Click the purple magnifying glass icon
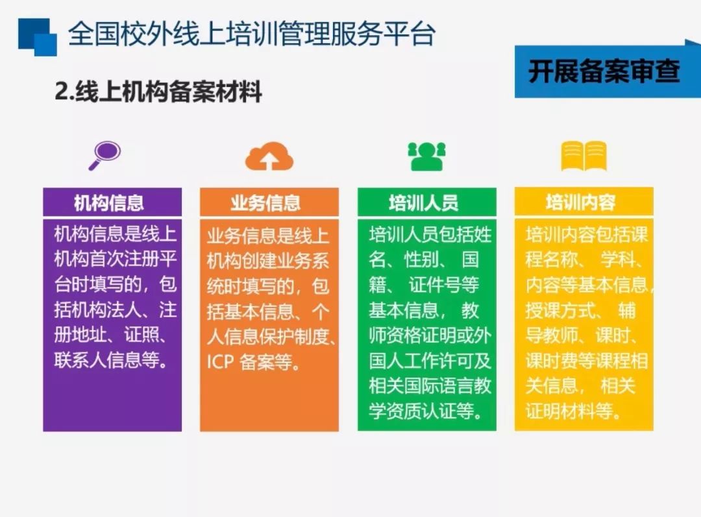pos(105,156)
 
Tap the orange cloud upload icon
pos(269,156)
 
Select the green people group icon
pos(427,156)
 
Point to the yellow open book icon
pos(584,156)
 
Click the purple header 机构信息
pos(109,203)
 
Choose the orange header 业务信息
pos(265,203)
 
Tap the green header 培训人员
pos(424,203)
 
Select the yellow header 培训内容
pos(581,202)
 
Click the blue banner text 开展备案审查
pos(604,71)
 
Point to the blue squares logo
pos(38,37)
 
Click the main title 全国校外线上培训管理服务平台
pos(252,34)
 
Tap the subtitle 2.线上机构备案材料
pos(158,91)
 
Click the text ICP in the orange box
pos(220,361)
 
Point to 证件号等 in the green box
pos(444,285)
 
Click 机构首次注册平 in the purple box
pos(116,259)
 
